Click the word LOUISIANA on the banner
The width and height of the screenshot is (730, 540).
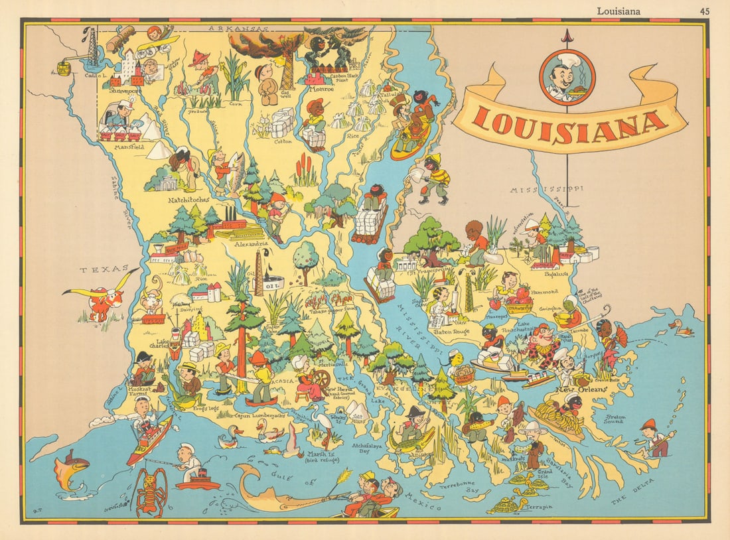click(x=571, y=125)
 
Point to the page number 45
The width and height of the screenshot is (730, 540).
click(x=704, y=10)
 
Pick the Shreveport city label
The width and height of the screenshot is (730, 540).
click(x=126, y=92)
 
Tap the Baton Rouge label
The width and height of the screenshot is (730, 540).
click(x=451, y=330)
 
